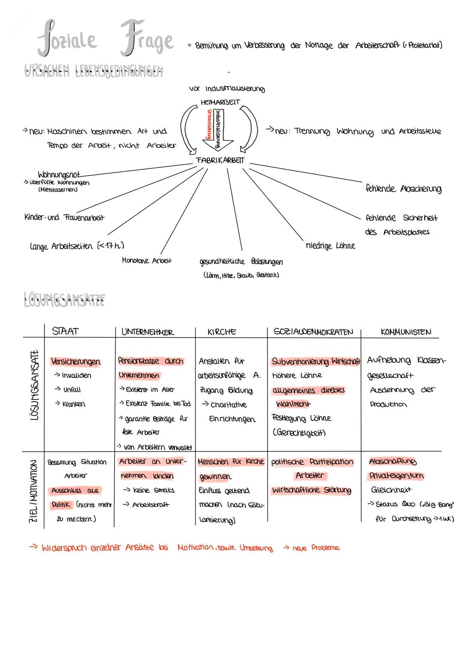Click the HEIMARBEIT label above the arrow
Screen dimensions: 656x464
click(220, 102)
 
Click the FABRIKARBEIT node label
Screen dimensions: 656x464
click(220, 160)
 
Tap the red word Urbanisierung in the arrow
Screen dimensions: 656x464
click(209, 123)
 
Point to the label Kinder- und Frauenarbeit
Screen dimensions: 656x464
click(64, 217)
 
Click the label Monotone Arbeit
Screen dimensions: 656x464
click(147, 261)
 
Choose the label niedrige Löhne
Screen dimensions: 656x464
click(330, 246)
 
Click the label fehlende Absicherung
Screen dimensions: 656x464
click(403, 189)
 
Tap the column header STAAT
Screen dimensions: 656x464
click(65, 331)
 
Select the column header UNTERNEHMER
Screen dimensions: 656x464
click(147, 332)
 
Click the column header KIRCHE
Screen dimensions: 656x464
click(222, 332)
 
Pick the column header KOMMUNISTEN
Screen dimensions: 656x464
click(406, 332)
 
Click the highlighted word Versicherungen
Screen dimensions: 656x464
click(76, 361)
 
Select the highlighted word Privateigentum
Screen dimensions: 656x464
click(396, 476)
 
